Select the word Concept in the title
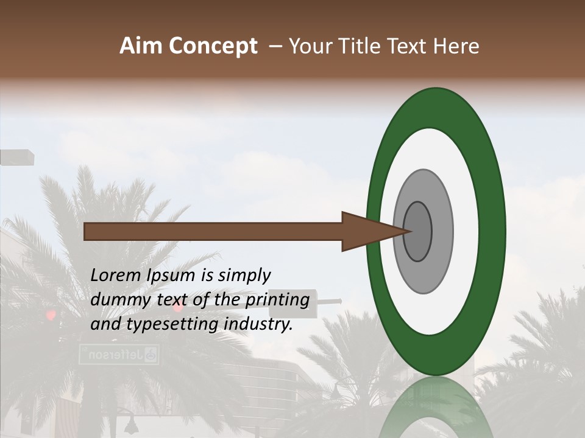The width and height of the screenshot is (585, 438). (213, 47)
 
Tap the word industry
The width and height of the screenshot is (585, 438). (258, 325)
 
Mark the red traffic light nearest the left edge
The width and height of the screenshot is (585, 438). (51, 315)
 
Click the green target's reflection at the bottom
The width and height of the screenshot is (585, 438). (436, 408)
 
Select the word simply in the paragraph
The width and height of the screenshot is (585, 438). (244, 276)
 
